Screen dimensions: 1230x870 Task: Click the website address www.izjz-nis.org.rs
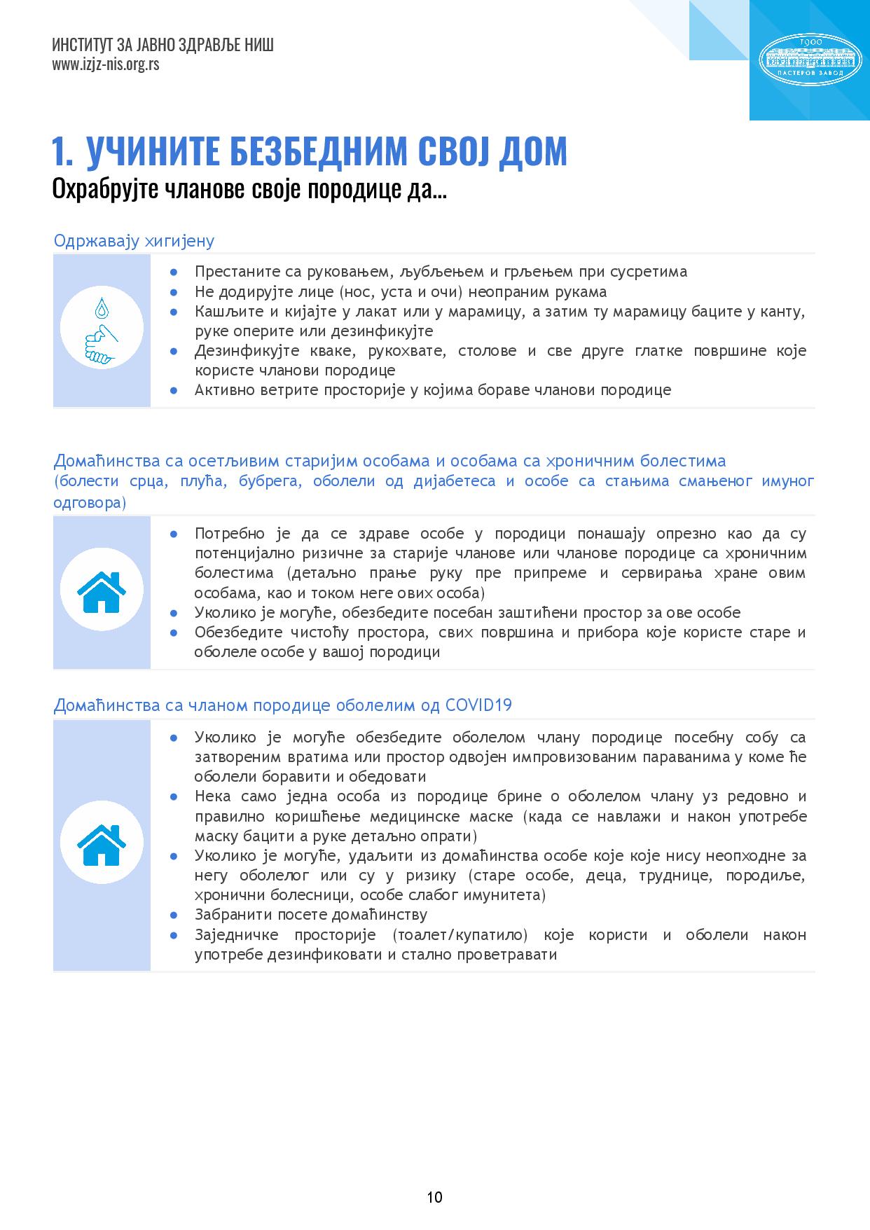tap(105, 64)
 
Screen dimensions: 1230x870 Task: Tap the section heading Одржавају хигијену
tap(134, 241)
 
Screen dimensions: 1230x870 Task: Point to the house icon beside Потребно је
tap(102, 592)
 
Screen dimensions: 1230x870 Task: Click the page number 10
tap(434, 1196)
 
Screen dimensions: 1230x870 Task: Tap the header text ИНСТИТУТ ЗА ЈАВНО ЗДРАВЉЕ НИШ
tap(163, 46)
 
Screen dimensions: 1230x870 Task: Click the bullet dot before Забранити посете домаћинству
tap(174, 915)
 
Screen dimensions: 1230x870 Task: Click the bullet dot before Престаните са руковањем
tap(174, 272)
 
